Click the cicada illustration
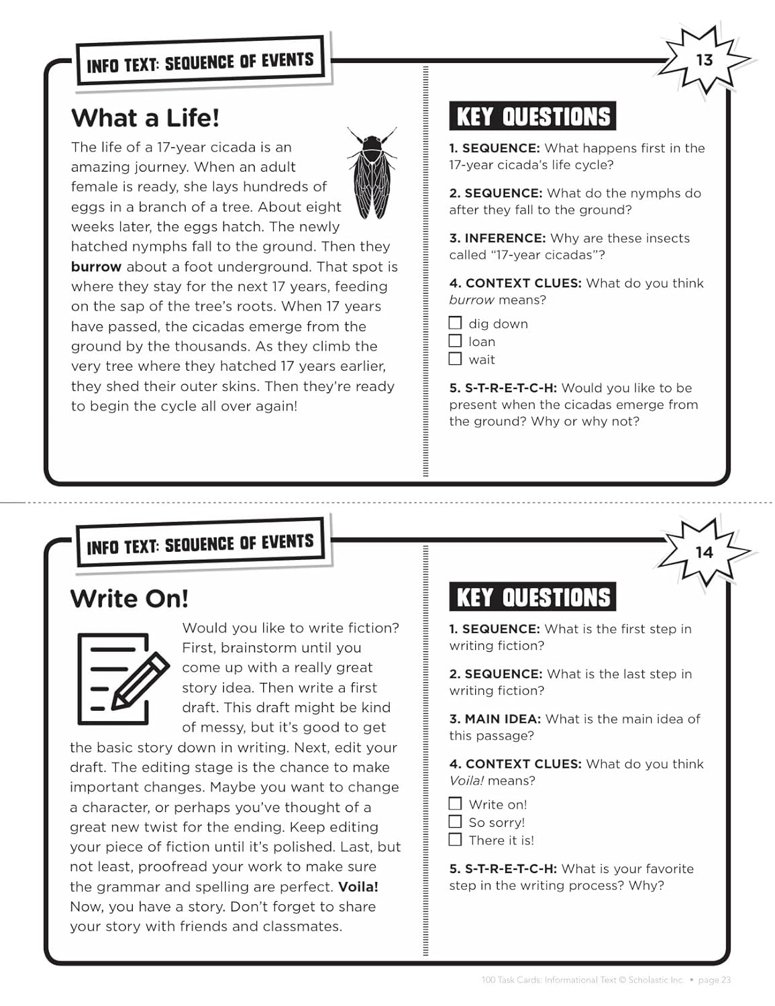[x=371, y=173]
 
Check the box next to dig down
[x=456, y=323]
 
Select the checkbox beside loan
[x=456, y=341]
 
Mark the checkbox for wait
[x=456, y=359]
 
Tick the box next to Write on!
[x=456, y=803]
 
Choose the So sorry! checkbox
[x=456, y=822]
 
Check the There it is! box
[x=456, y=840]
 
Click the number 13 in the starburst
[x=704, y=60]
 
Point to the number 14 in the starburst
[x=704, y=553]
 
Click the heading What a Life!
[x=145, y=118]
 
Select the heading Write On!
[x=129, y=598]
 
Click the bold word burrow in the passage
[x=96, y=267]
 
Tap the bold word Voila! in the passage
[x=358, y=887]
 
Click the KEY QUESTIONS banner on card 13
[x=533, y=117]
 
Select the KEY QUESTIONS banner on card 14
[x=533, y=597]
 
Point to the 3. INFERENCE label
[x=497, y=238]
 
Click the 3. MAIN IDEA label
[x=495, y=719]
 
